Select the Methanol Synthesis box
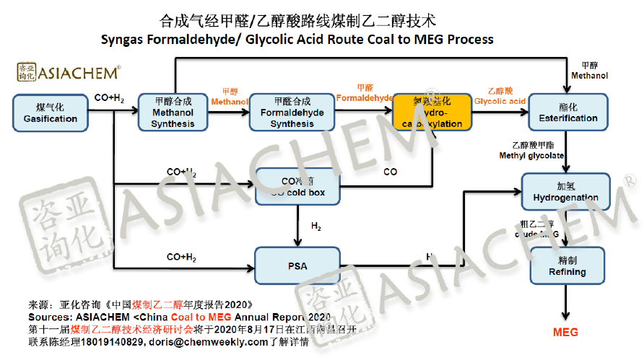pyautogui.click(x=173, y=113)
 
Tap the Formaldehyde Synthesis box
pyautogui.click(x=292, y=113)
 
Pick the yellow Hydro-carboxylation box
pyautogui.click(x=432, y=113)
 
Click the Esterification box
pyautogui.click(x=568, y=113)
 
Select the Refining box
pyautogui.click(x=567, y=265)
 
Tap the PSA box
pyautogui.click(x=297, y=265)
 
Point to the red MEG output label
pyautogui.click(x=565, y=333)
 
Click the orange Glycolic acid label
pyautogui.click(x=500, y=101)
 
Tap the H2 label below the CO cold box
pyautogui.click(x=316, y=227)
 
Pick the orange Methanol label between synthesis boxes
pyautogui.click(x=230, y=102)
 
